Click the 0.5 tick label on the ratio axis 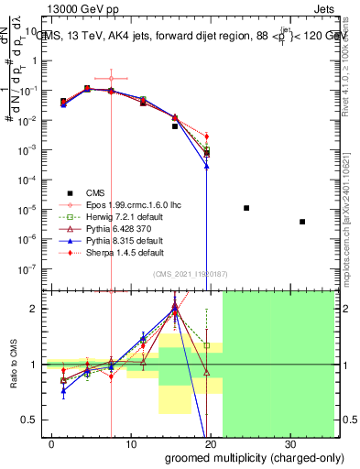click(31, 420)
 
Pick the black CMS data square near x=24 click(246, 208)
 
